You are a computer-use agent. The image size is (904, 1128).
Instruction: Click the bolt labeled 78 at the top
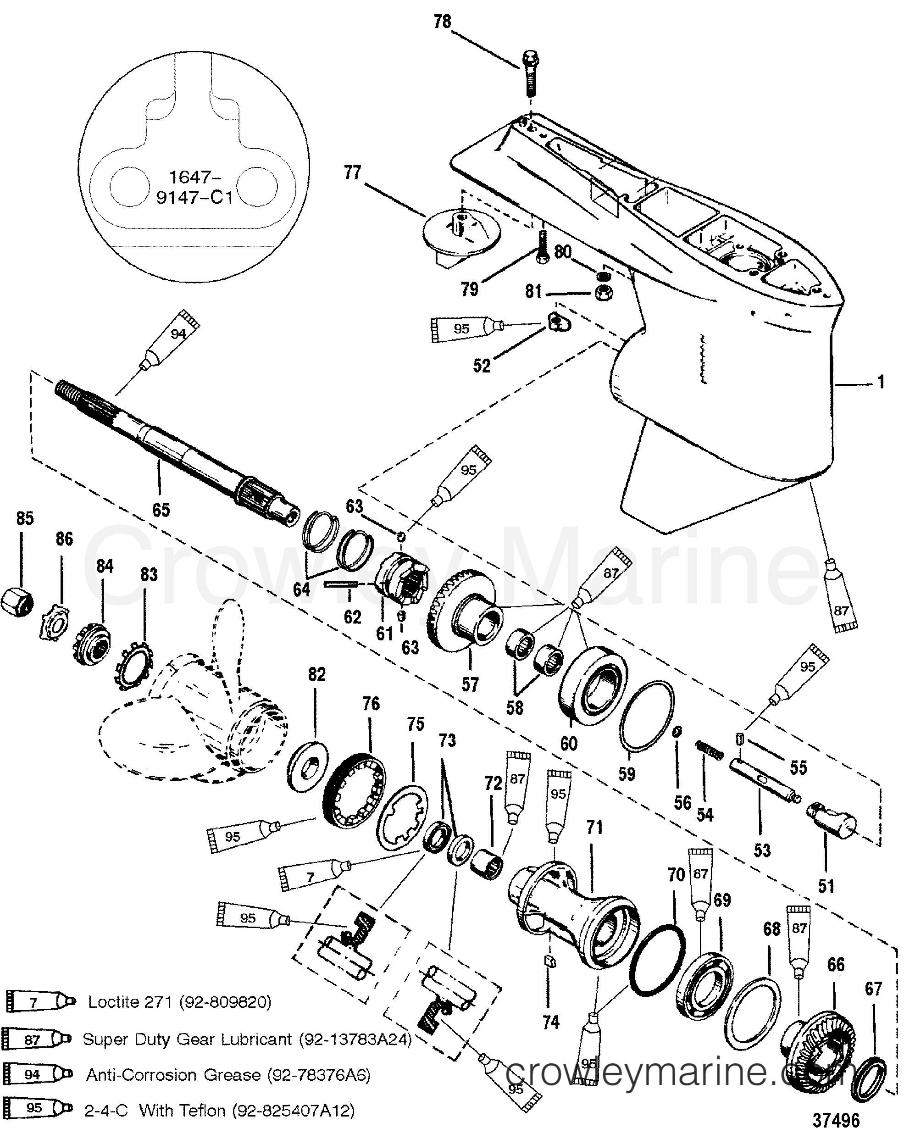[x=530, y=73]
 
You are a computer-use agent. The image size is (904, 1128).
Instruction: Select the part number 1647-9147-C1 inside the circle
[x=194, y=187]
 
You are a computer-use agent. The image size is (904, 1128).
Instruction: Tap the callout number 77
[x=352, y=172]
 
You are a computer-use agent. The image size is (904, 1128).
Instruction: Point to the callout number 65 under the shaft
[x=161, y=510]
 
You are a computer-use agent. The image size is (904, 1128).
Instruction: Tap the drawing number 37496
[x=836, y=1118]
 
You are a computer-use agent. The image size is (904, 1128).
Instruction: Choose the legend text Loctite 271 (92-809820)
[x=179, y=1001]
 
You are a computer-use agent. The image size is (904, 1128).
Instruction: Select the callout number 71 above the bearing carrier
[x=594, y=827]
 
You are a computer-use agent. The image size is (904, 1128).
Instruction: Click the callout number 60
[x=569, y=744]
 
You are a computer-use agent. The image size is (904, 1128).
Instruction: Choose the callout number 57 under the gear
[x=470, y=684]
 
